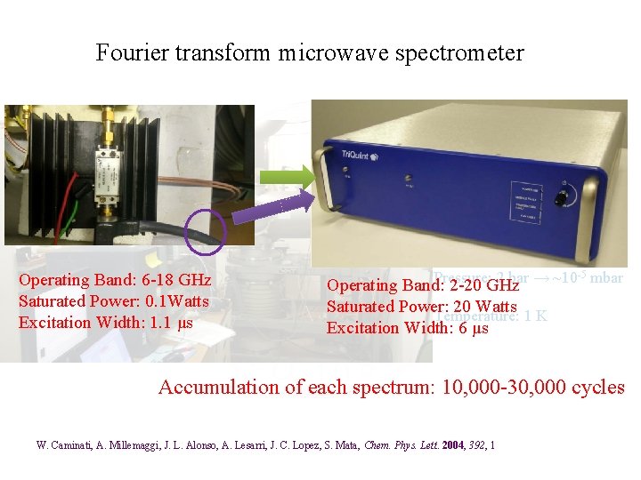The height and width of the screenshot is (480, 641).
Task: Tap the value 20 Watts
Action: (482, 307)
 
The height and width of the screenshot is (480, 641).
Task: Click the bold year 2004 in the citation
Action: (450, 444)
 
